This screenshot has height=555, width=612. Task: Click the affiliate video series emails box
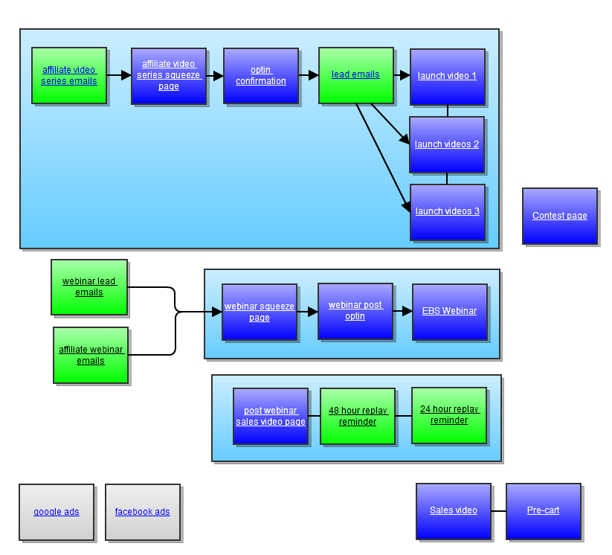69,75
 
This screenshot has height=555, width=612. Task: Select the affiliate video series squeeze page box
169,76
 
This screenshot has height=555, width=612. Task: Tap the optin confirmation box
261,76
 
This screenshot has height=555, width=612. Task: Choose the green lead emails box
356,75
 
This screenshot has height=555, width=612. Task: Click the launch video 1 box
448,77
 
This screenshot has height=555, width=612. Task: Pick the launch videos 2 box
447,144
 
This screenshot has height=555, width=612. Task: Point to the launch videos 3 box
448,212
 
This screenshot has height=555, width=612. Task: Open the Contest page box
560,216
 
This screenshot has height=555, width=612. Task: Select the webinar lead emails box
89,286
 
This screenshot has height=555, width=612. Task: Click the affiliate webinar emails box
91,355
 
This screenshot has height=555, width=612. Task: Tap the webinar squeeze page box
260,312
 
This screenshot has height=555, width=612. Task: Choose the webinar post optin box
355,311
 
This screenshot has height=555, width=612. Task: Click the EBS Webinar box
450,312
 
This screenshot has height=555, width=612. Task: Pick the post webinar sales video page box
271,416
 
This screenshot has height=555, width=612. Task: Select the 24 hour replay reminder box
449,415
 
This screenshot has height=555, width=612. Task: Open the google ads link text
57,512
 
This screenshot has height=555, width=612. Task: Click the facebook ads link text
143,512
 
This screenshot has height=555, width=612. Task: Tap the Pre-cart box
544,511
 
